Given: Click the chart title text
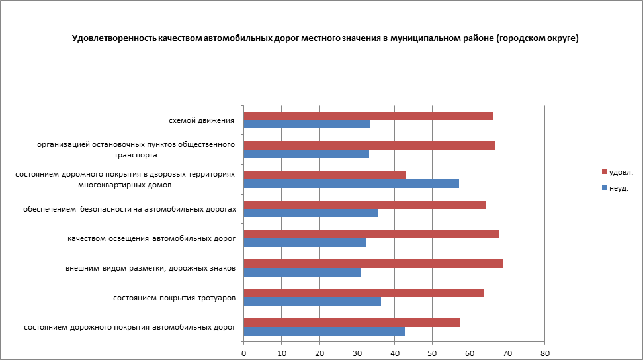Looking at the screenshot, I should tap(325, 39).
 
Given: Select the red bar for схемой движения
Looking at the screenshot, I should tap(368, 116).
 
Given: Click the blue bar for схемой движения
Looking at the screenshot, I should tap(307, 124).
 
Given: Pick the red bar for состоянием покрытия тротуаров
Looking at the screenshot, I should tap(363, 293).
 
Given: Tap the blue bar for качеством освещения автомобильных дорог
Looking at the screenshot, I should tap(304, 242).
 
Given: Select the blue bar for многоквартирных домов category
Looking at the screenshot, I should tap(351, 183).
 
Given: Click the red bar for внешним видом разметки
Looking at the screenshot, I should tap(373, 263).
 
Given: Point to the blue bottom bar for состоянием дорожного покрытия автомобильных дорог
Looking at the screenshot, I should tap(324, 331).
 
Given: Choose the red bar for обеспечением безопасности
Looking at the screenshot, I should tap(364, 204).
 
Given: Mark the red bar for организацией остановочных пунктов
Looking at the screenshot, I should tap(369, 146).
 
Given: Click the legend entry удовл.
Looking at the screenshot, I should tap(621, 172).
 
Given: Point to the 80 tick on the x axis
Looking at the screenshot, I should tap(544, 353).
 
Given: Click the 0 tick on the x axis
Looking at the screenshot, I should tap(244, 353).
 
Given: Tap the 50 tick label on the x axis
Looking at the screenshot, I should tap(432, 353).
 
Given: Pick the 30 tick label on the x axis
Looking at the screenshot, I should tap(357, 353).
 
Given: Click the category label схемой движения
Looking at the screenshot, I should tap(202, 120).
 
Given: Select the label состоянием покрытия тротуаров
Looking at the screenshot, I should tap(175, 298).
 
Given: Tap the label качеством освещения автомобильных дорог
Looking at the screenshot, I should tap(151, 238).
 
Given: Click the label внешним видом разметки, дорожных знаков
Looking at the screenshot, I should tap(151, 268).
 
